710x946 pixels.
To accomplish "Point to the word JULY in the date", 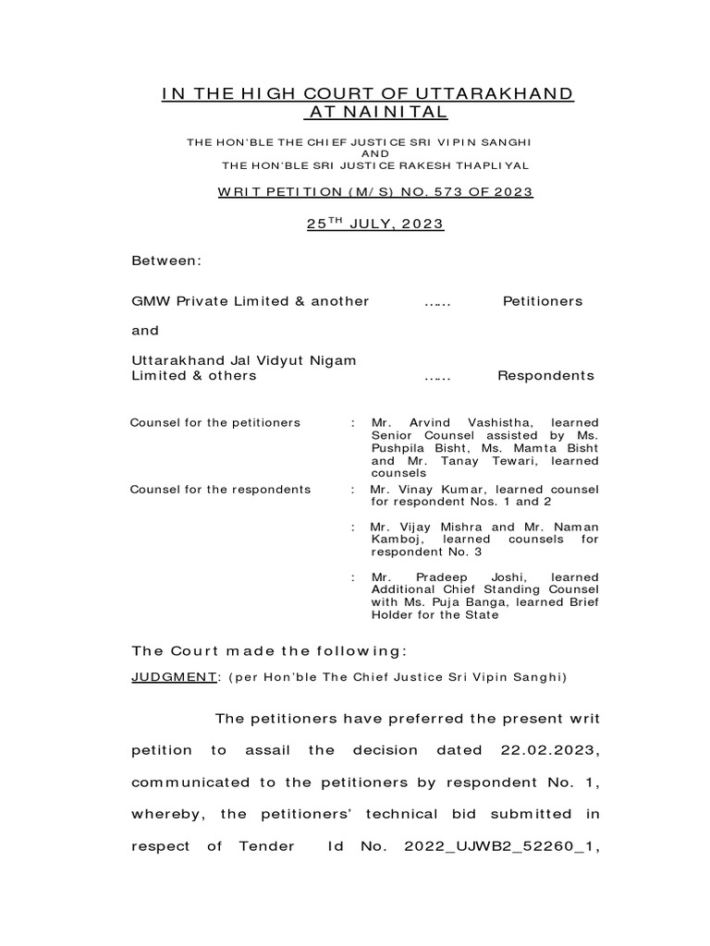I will pyautogui.click(x=373, y=224).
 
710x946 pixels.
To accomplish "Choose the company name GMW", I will pyautogui.click(x=152, y=301).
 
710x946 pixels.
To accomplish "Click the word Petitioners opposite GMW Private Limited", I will pyautogui.click(x=543, y=301).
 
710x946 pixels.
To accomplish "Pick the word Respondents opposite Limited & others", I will pyautogui.click(x=545, y=376).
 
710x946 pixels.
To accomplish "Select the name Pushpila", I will pyautogui.click(x=401, y=448).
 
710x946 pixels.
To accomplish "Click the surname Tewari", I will pyautogui.click(x=493, y=461).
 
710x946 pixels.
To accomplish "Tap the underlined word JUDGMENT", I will pyautogui.click(x=174, y=677).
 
